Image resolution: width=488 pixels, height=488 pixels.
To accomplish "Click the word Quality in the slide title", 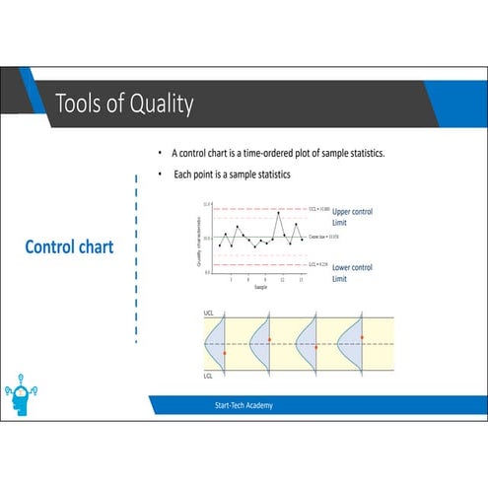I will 161,104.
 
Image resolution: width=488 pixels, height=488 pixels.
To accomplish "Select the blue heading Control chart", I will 69,246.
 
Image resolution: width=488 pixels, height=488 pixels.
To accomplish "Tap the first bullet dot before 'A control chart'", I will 160,154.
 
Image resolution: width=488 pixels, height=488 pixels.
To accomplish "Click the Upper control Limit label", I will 352,217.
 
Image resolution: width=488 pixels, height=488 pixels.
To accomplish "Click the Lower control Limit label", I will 352,273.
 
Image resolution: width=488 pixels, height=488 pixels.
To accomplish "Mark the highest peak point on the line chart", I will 279,212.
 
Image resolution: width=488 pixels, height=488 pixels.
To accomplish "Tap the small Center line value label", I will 324,238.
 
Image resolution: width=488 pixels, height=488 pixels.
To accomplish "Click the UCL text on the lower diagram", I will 208,313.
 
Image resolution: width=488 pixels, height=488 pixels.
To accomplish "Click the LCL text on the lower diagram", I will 208,376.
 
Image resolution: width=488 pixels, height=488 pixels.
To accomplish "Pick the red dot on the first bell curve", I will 225,352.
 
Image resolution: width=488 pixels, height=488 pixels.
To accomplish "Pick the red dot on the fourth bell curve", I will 362,337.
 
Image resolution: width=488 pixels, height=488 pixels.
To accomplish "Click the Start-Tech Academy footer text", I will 244,405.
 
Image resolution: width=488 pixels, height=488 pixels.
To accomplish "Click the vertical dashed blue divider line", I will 136,256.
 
